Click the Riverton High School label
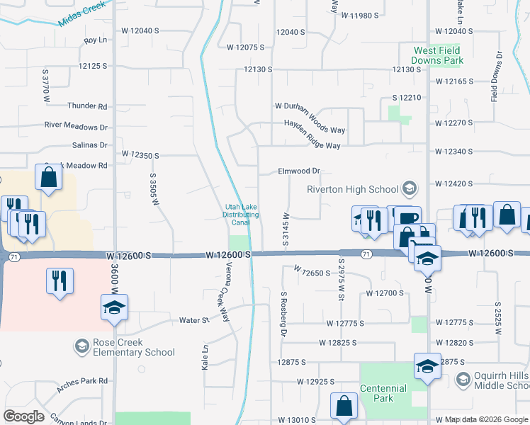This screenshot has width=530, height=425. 353,189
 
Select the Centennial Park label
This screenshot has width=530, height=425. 383,393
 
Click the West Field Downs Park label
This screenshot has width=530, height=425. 438,55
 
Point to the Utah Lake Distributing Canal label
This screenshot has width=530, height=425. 241,215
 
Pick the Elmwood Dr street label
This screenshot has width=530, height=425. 300,171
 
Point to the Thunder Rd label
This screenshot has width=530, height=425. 87,106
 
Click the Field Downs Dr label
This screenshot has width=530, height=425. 498,76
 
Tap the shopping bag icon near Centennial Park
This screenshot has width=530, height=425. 344,407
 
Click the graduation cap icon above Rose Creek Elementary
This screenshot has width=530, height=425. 114,307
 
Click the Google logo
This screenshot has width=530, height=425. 23,416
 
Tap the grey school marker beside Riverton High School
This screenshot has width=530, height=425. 409,188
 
